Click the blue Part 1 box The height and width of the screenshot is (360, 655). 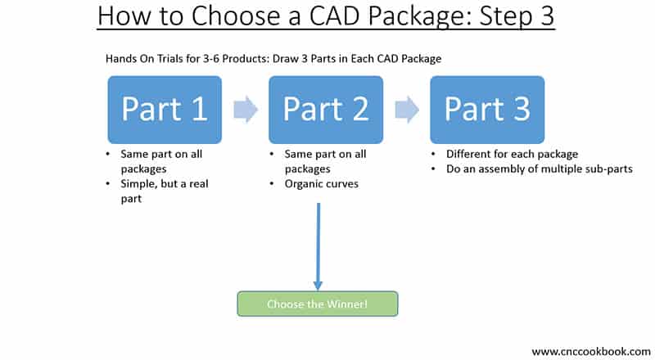coord(164,110)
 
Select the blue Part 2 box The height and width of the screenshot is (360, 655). coord(325,110)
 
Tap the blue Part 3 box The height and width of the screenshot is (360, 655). coord(487,110)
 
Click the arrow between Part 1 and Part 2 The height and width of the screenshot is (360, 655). coord(245,110)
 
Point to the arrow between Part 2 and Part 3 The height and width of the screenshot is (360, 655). coord(406,110)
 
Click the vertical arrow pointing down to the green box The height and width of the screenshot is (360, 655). coord(318,245)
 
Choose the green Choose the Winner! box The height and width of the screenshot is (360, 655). coord(318,304)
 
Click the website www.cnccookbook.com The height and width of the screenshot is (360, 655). coord(590,351)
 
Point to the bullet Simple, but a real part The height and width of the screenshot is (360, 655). coord(163,191)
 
